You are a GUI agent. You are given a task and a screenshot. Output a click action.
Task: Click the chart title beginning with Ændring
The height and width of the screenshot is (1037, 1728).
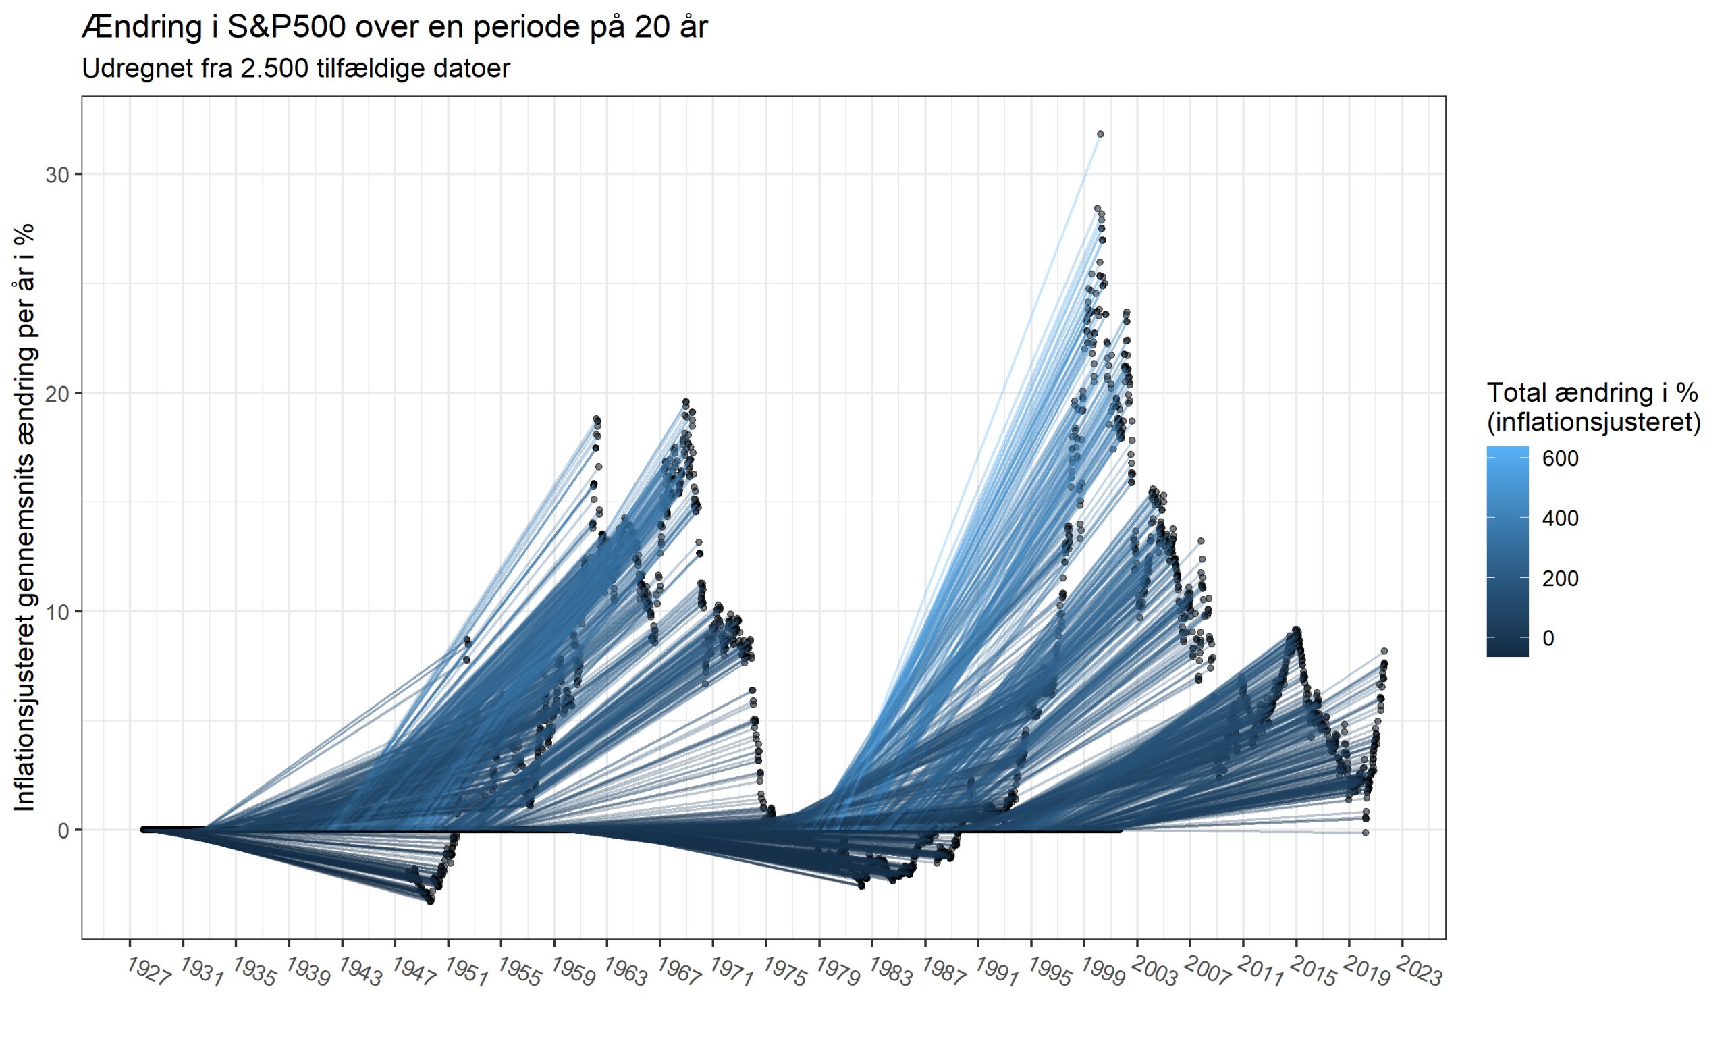pos(395,28)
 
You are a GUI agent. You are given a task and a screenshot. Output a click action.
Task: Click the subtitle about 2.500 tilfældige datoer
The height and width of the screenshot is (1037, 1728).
pos(296,68)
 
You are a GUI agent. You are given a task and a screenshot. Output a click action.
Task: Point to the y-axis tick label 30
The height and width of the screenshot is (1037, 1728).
pos(58,175)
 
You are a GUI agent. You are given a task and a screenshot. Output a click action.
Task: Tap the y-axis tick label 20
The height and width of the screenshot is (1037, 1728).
pos(58,394)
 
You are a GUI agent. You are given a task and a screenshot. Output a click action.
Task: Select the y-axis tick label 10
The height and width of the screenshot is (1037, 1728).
pos(58,612)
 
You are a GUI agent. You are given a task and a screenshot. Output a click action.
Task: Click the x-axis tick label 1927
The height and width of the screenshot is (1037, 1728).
pos(149,972)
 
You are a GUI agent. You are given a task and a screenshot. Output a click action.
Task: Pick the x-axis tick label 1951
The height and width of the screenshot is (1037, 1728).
pos(466,972)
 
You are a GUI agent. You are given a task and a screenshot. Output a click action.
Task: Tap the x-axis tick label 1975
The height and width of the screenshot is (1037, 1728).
pos(785,972)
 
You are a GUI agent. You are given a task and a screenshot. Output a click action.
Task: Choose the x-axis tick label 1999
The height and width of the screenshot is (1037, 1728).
pos(1103,972)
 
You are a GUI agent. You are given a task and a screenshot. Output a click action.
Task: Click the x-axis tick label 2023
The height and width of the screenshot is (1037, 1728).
pos(1420,972)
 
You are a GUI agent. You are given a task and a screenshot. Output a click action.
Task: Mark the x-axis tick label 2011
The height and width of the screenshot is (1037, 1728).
pos(1262,972)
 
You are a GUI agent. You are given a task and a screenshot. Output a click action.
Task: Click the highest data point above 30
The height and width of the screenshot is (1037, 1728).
pos(1100,134)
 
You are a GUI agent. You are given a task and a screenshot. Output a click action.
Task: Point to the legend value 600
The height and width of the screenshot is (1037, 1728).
pos(1560,458)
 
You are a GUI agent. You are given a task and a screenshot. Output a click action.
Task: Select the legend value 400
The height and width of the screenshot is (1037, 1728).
pos(1560,518)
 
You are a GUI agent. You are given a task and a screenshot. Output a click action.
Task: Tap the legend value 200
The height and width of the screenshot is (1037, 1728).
pos(1560,579)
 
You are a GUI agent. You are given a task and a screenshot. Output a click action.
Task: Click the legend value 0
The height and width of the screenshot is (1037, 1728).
pos(1548,638)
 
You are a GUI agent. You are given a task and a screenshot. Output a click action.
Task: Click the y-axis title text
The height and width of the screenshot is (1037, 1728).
pos(25,517)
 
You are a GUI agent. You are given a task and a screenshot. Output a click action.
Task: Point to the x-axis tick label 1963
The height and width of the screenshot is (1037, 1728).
pos(626,972)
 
